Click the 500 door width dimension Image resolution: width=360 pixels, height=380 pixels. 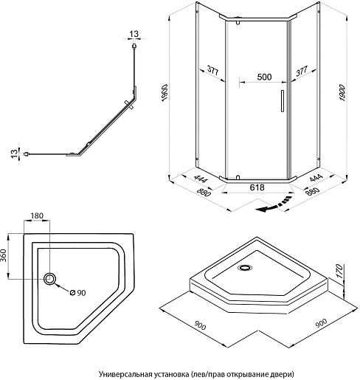pyautogui.click(x=264, y=77)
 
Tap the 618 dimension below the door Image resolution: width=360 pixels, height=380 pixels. pyautogui.click(x=257, y=187)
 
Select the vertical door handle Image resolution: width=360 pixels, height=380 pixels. pyautogui.click(x=283, y=101)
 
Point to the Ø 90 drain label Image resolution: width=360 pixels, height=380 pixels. pyautogui.click(x=77, y=293)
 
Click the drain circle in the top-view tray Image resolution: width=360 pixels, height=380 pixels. pyautogui.click(x=50, y=279)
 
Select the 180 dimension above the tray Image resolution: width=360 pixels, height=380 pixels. pyautogui.click(x=37, y=215)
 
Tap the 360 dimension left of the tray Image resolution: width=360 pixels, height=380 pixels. pyautogui.click(x=4, y=255)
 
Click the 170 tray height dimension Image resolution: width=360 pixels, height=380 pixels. pyautogui.click(x=339, y=271)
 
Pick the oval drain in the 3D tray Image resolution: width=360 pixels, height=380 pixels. pyautogui.click(x=245, y=268)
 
